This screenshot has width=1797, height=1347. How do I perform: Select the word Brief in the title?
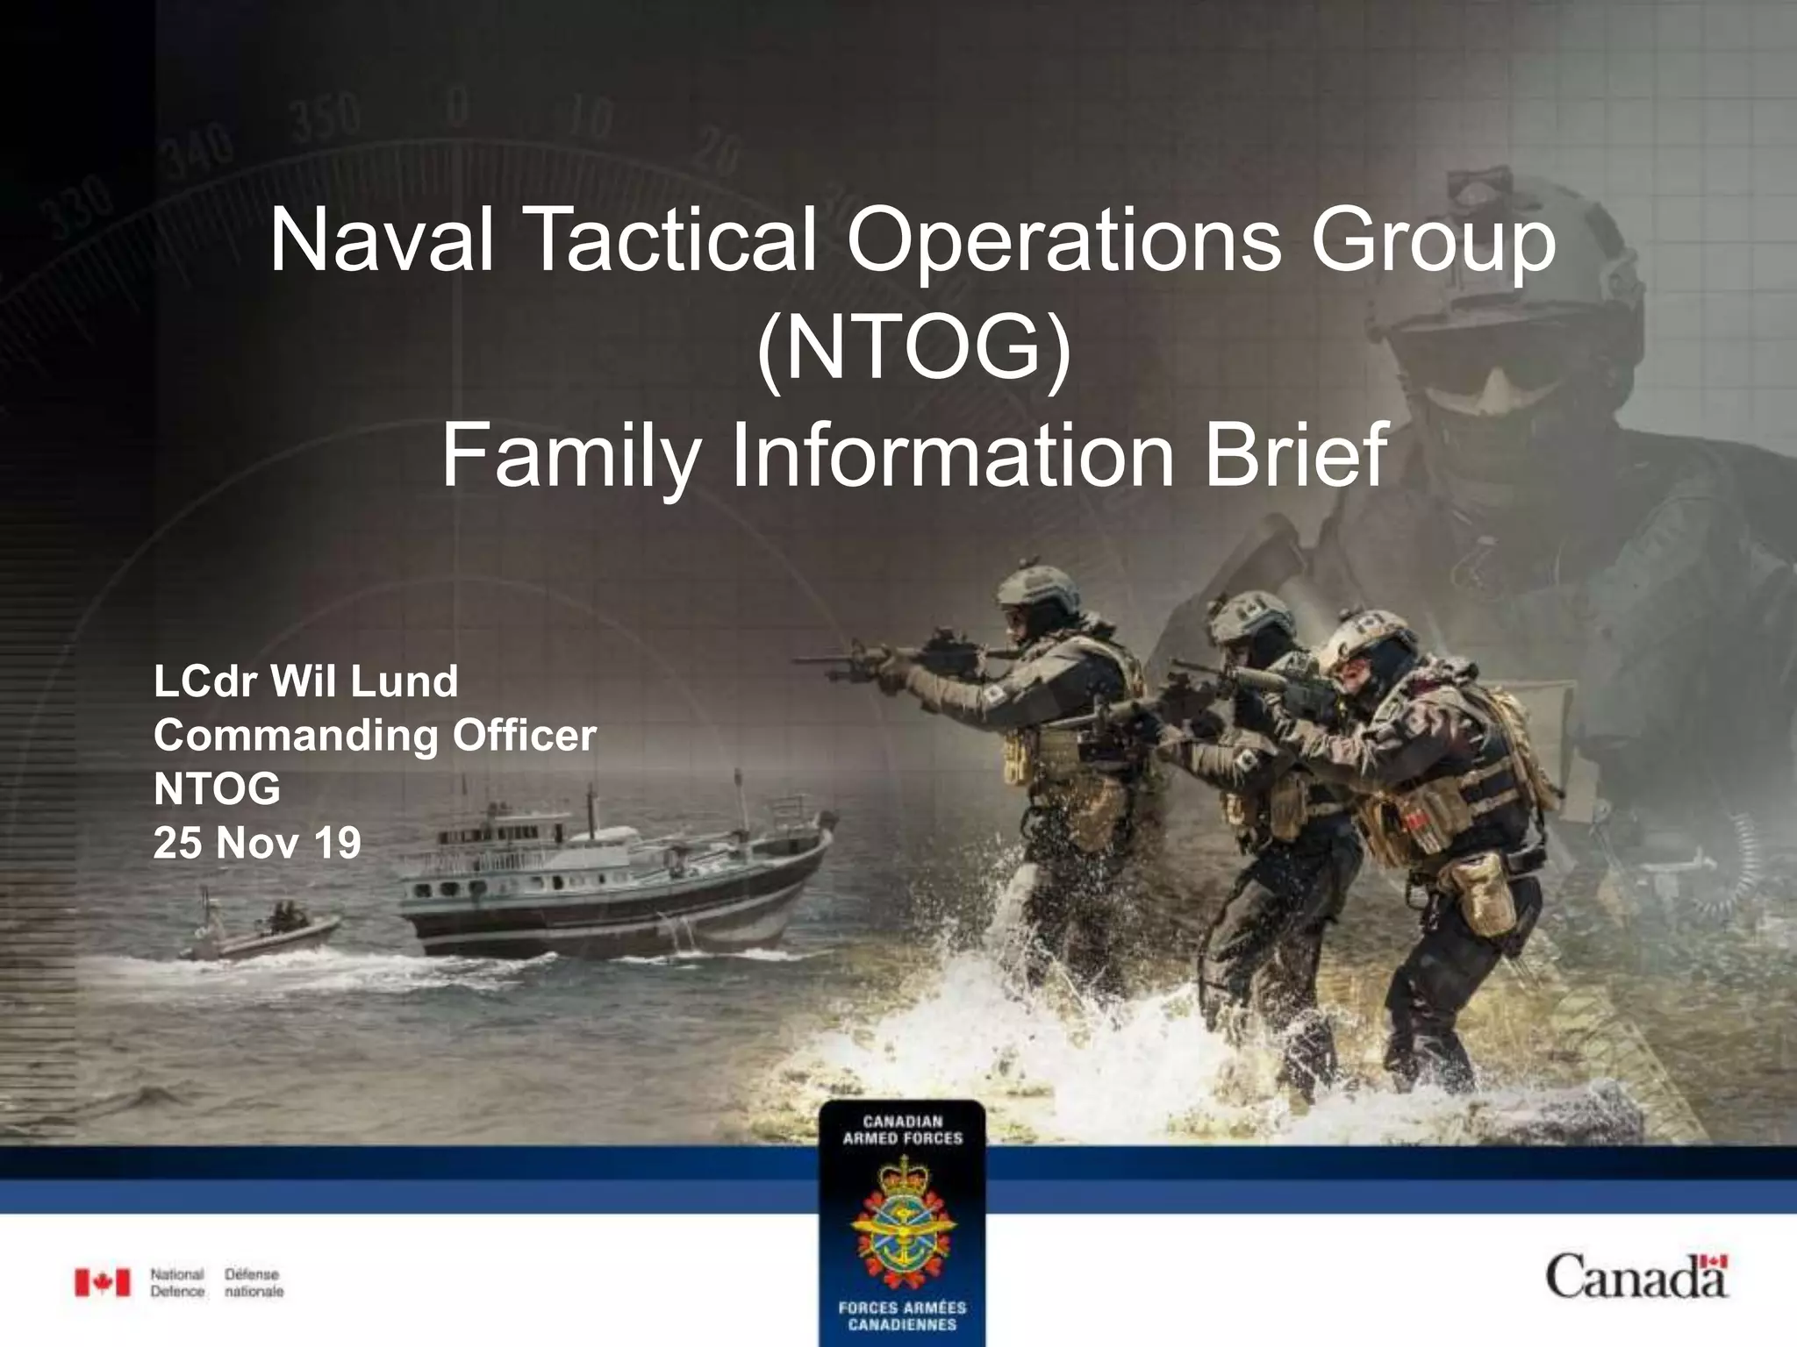coord(1296,455)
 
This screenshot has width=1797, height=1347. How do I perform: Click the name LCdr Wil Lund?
coord(305,681)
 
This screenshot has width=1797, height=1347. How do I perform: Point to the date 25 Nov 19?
coord(257,844)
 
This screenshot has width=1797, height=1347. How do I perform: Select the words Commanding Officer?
coord(375,735)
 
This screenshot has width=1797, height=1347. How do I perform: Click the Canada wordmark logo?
coord(1636,1276)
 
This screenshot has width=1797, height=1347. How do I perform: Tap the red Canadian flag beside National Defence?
coord(102,1282)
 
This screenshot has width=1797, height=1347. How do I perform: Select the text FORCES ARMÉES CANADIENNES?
coord(902,1315)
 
